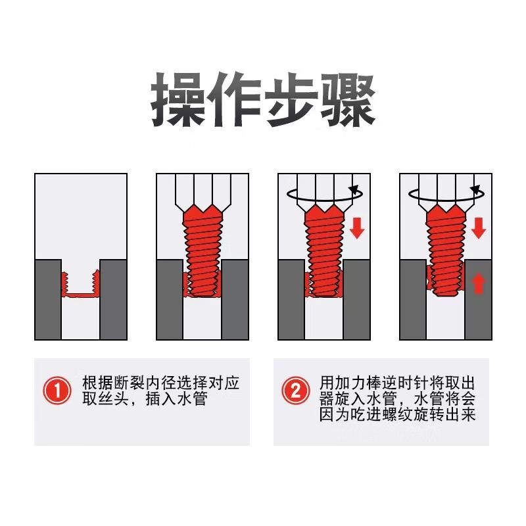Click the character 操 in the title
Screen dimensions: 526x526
178,100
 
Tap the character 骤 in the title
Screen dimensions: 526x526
348,100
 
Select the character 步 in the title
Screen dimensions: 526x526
291,100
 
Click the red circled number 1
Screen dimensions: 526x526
57,391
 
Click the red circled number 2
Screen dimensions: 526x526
295,391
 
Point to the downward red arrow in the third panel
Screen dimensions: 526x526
357,227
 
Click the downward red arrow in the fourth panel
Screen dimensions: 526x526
479,227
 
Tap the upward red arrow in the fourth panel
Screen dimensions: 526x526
479,283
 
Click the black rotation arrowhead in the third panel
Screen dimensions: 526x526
354,190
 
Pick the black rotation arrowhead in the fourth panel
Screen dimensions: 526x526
475,190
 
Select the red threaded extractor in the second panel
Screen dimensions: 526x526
203,251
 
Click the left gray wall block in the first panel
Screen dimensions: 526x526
48,300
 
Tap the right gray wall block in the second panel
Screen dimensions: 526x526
235,300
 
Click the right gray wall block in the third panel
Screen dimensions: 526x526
356,300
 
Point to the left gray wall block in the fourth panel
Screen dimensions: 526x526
413,300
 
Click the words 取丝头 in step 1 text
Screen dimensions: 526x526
105,399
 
